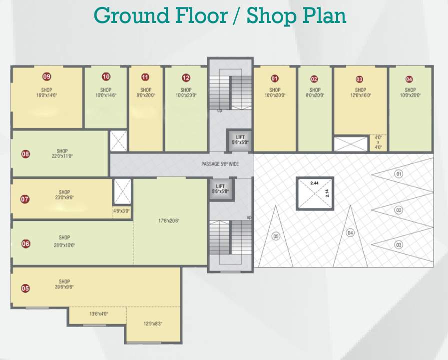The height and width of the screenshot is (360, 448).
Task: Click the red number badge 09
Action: click(47, 76)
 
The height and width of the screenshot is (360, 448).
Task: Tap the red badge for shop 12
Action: click(186, 77)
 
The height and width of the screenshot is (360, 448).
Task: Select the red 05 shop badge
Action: click(25, 288)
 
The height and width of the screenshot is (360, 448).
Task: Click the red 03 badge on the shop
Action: click(359, 79)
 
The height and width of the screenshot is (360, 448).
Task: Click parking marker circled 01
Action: click(399, 174)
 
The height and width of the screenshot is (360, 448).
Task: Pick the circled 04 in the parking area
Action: click(350, 232)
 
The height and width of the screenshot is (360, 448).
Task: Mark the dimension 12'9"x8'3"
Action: click(153, 324)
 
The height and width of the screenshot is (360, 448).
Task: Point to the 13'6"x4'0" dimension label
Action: click(98, 314)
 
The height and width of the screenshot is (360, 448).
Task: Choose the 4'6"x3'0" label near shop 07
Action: click(121, 211)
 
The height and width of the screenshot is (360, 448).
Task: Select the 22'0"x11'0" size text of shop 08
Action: click(62, 156)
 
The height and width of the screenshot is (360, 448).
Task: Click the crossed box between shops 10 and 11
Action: click(119, 140)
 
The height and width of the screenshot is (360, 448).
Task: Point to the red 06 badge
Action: click(25, 244)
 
